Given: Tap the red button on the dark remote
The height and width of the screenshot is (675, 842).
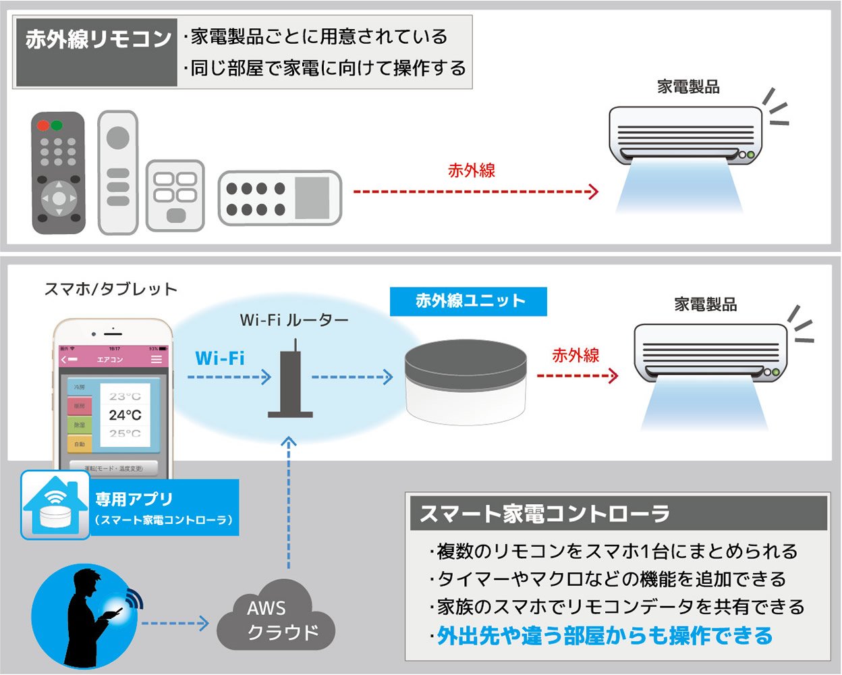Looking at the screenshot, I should point(43,126).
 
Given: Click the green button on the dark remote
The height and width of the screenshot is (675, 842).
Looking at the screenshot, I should point(57,126).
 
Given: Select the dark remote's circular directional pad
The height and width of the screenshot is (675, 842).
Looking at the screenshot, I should point(59,198).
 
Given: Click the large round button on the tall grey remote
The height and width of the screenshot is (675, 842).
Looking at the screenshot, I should point(118,138).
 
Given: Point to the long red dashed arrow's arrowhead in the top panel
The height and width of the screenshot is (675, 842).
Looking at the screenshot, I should point(593,192).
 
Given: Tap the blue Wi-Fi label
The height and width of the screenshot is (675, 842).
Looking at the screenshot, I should point(220,358).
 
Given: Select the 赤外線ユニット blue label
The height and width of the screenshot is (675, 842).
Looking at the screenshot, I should point(469,301).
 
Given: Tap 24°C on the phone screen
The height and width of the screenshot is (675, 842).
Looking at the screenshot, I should point(125,415).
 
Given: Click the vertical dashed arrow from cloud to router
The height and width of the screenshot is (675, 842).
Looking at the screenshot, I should point(289,506).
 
